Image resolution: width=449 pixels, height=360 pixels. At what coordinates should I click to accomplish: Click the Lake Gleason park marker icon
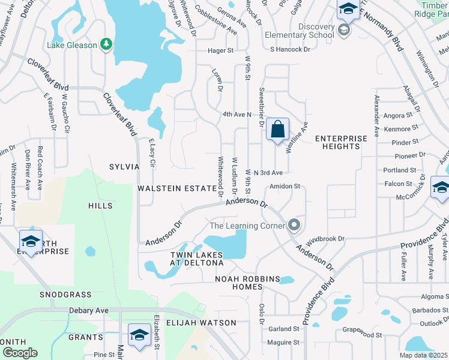pyautogui.click(x=106, y=44)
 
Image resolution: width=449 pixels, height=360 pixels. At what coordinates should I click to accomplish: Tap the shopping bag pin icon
pyautogui.click(x=277, y=129)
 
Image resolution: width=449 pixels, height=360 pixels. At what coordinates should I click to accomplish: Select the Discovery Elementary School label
pyautogui.click(x=299, y=31)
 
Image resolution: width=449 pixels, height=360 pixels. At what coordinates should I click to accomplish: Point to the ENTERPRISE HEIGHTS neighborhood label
pyautogui.click(x=341, y=142)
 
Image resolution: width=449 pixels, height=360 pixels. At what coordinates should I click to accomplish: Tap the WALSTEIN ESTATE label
pyautogui.click(x=176, y=188)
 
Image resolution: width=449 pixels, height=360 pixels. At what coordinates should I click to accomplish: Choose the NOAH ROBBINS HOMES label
pyautogui.click(x=249, y=283)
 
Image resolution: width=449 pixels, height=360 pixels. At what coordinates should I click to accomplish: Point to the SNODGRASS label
pyautogui.click(x=65, y=295)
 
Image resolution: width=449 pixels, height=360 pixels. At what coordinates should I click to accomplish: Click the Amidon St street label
pyautogui.click(x=285, y=187)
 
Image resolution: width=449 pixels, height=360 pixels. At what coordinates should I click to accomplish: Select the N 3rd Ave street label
pyautogui.click(x=268, y=172)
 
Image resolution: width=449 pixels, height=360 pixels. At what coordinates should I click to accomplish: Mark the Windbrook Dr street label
pyautogui.click(x=325, y=239)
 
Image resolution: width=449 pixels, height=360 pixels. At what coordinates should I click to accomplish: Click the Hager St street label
pyautogui.click(x=220, y=51)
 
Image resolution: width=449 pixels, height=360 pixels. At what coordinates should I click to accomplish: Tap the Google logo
pyautogui.click(x=19, y=352)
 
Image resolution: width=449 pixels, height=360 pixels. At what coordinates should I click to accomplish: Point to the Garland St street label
pyautogui.click(x=284, y=329)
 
